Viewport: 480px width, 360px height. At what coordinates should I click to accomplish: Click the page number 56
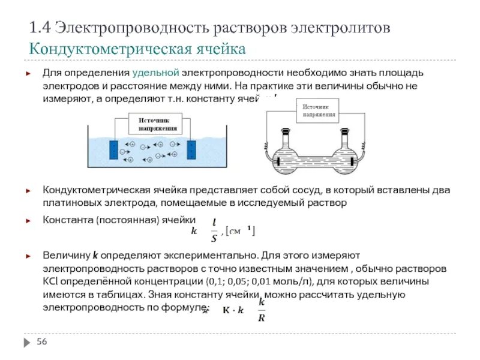coord(42,341)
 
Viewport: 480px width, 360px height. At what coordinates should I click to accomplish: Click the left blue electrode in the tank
coord(112,149)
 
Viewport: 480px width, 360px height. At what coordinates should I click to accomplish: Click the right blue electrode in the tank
coord(191,149)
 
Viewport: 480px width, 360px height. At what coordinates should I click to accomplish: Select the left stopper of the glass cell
coord(285,131)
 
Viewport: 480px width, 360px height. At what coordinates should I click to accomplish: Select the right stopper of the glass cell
coord(346,131)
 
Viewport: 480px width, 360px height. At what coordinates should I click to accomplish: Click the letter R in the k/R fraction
coord(261,318)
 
